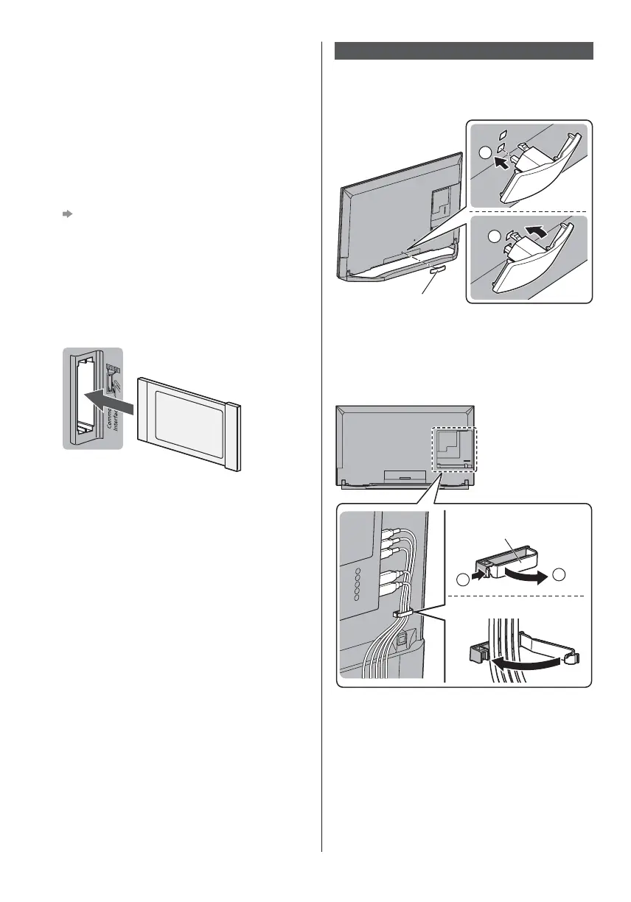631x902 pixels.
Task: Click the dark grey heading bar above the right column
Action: pyautogui.click(x=464, y=51)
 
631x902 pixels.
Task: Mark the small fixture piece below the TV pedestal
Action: pyautogui.click(x=436, y=271)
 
